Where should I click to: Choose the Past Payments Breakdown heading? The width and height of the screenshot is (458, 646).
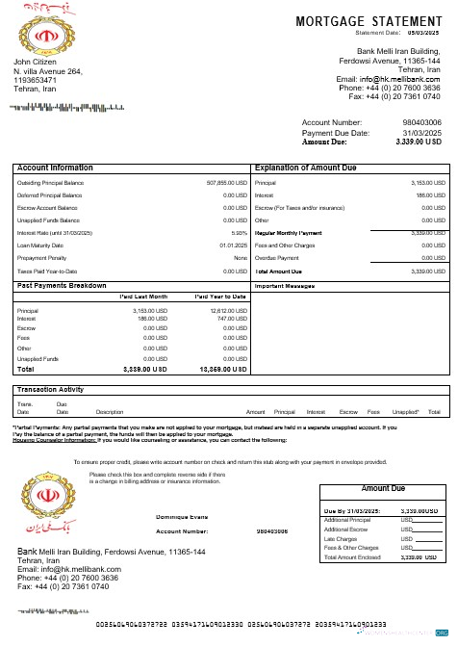coord(62,286)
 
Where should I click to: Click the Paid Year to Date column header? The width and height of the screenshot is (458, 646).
coord(220,297)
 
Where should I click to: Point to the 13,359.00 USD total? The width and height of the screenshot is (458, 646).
coord(222,369)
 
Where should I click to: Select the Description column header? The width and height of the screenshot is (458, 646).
coord(110,411)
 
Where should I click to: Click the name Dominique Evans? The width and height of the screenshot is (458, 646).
coord(182,517)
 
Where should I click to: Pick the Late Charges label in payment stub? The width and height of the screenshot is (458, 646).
coord(342,539)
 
